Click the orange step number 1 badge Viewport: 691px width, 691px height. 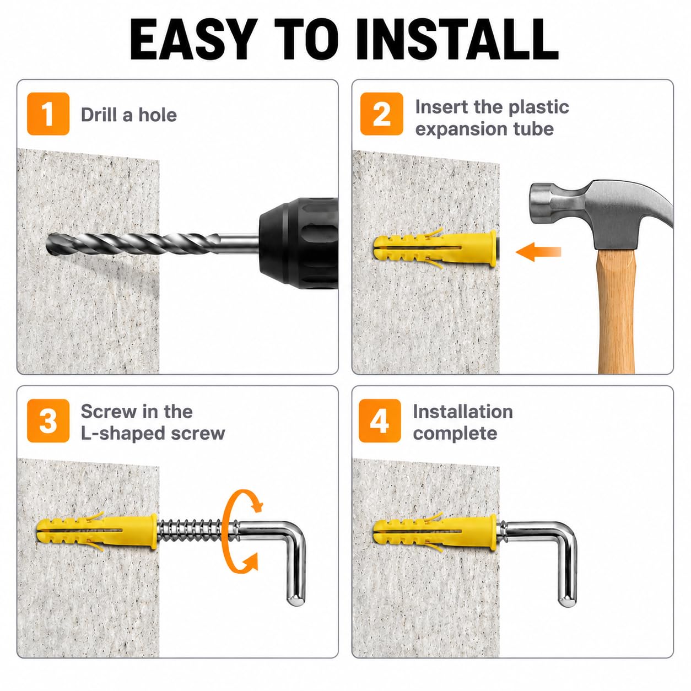48,114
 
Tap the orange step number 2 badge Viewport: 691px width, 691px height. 381,114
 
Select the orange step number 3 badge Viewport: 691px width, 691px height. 48,420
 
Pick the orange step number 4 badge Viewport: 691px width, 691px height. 380,420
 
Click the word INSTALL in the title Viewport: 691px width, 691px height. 457,40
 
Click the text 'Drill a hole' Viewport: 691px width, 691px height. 129,115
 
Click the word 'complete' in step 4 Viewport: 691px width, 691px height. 455,434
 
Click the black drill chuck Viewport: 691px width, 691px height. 298,244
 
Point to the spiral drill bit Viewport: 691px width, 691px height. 133,244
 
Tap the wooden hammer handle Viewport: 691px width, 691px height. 617,312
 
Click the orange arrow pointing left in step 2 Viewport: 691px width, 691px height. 538,252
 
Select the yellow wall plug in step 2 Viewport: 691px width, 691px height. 435,248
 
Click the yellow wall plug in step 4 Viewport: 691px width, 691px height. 435,532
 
